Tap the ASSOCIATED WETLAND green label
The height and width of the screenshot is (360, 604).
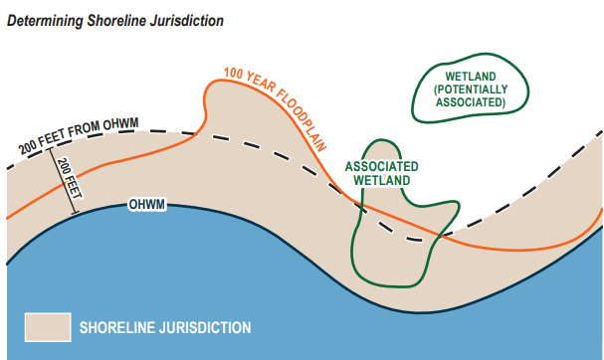tap(381, 173)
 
